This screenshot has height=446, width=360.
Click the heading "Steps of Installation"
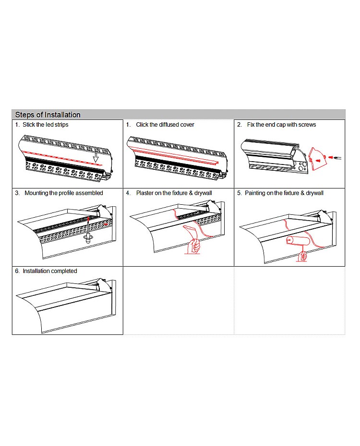tap(48, 115)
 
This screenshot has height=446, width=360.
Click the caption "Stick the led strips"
tap(46, 125)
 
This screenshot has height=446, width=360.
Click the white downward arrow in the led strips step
tap(96, 157)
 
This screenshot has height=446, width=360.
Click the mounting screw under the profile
tap(88, 238)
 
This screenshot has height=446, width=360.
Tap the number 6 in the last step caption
tap(17, 271)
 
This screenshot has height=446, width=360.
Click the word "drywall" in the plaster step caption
tap(202, 193)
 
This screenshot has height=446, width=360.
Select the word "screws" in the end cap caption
tap(307, 125)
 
